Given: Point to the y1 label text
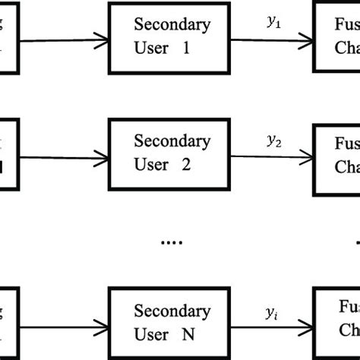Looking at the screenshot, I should (273, 24).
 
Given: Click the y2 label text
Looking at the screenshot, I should (273, 141).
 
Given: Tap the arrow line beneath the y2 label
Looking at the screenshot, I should (273, 157).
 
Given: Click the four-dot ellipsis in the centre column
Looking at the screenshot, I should (171, 244).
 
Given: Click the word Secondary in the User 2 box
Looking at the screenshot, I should (172, 142).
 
